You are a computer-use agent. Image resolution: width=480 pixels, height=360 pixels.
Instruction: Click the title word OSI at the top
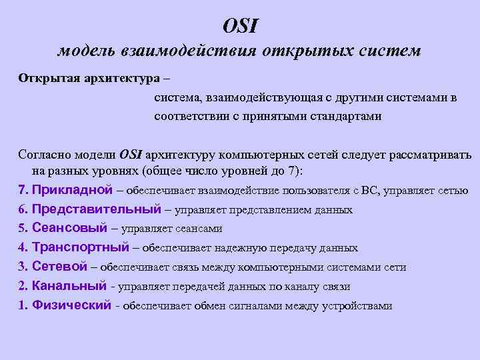tap(240, 26)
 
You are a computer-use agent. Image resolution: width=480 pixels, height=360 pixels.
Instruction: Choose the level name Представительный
tap(96, 209)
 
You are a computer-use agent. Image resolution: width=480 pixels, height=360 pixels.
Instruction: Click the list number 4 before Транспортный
tap(21, 247)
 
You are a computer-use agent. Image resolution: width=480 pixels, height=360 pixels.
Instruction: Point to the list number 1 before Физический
tap(21, 305)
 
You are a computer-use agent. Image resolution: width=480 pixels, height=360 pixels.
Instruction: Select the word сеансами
tap(199, 229)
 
